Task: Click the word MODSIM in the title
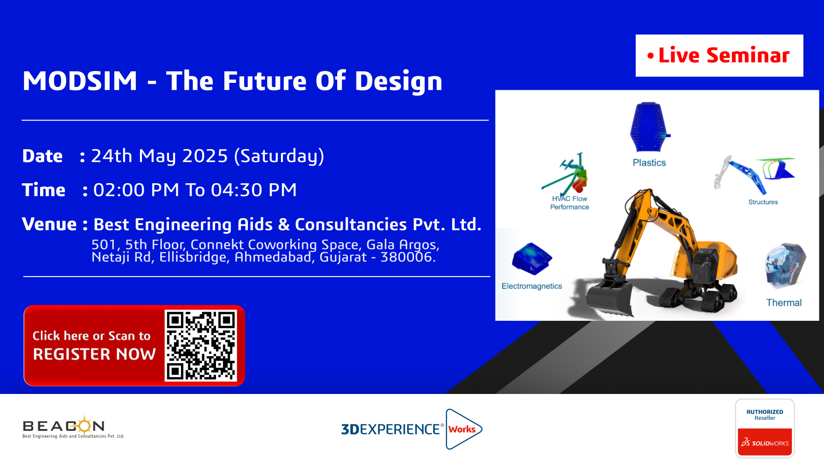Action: [x=80, y=81]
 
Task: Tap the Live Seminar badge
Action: [x=719, y=56]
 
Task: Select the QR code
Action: [x=201, y=346]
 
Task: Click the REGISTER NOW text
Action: [x=94, y=354]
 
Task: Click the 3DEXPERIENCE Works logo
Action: [x=412, y=429]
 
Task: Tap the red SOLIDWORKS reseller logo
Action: [x=765, y=442]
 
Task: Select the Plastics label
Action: [x=649, y=163]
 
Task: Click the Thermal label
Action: [x=784, y=303]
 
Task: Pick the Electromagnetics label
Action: [x=532, y=286]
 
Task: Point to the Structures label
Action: [x=763, y=202]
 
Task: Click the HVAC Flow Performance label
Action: [x=569, y=203]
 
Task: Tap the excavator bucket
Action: [x=608, y=299]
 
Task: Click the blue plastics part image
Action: [x=649, y=127]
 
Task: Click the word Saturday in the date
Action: [x=279, y=156]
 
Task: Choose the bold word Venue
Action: [x=49, y=224]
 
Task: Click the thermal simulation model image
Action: [x=785, y=266]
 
